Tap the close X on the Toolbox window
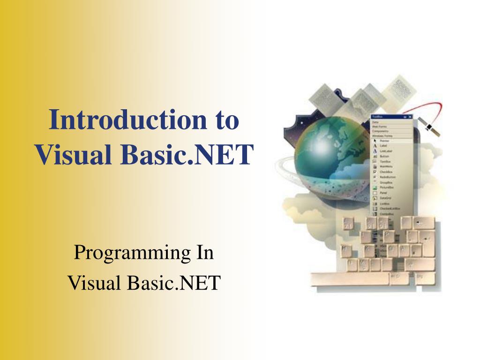410,117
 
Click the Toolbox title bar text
378,117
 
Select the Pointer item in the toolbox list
382,141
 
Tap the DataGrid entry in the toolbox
384,198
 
